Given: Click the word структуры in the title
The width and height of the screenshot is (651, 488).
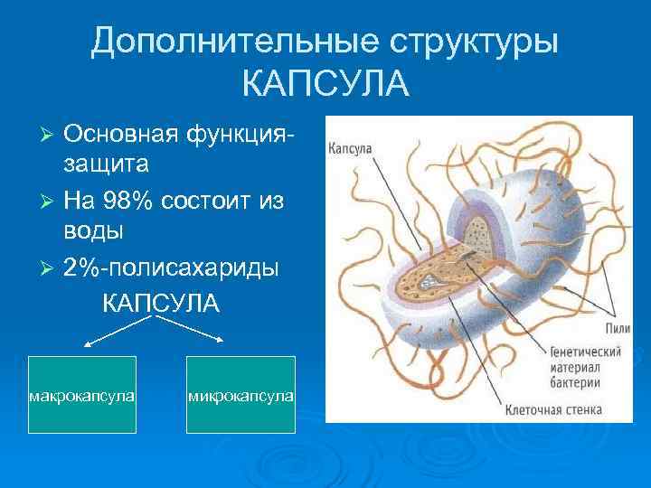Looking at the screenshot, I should (x=474, y=42).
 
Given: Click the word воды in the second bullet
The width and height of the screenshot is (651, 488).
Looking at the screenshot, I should (x=94, y=230).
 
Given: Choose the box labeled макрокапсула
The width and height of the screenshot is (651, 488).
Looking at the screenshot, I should (x=82, y=396).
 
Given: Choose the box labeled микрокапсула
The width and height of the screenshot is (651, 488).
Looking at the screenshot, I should (x=241, y=396).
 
